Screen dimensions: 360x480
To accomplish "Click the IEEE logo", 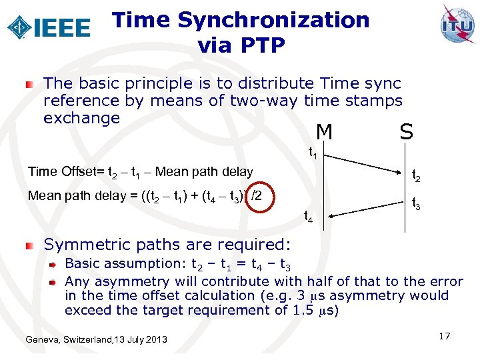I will pos(49,27).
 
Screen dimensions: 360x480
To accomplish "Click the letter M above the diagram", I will pos(324,133).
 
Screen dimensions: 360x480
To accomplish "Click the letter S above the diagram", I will pos(406,131).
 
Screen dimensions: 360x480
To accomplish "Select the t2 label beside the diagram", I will pos(415,176).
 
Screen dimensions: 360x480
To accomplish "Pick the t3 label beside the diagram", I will pos(415,203).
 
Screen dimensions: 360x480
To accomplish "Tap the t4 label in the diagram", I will pos(309,216).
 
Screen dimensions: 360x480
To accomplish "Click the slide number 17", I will pos(445,336).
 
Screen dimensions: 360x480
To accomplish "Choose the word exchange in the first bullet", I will pos(81,118).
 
